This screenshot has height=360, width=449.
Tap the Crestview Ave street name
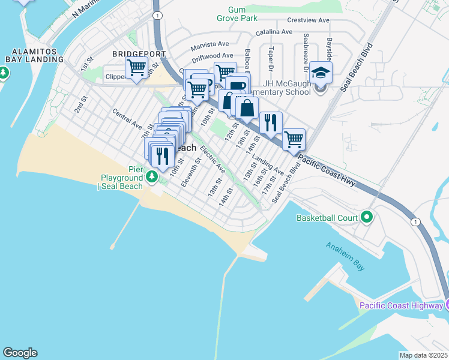308,20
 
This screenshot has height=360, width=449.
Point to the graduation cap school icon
321,73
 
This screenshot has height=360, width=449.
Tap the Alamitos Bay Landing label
34,55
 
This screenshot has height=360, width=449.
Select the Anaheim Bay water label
344,255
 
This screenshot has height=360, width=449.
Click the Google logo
20,353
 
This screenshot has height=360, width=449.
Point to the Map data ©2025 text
423,355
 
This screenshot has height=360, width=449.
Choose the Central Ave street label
127,119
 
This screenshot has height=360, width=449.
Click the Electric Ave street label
212,158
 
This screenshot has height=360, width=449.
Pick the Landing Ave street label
268,166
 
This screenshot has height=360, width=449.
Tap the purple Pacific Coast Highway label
402,306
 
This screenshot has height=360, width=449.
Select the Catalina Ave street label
274,32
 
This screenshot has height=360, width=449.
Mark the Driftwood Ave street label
212,56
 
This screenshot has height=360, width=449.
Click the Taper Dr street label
271,58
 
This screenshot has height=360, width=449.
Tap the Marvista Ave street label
210,45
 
